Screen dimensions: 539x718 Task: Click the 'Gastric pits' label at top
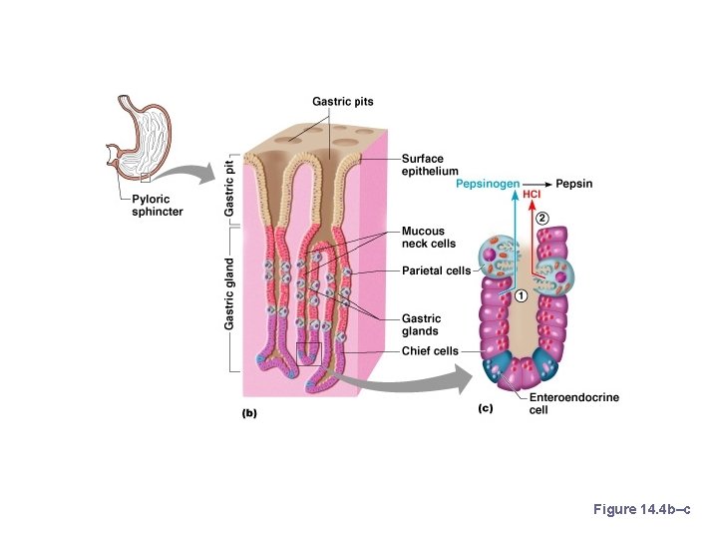[x=342, y=101]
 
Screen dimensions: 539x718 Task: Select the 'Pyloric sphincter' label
[x=158, y=207]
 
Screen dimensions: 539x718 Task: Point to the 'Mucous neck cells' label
[x=428, y=238]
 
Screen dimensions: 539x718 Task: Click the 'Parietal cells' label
[x=436, y=269]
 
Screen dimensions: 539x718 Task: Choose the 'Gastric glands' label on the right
[x=421, y=324]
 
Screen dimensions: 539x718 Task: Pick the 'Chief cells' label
[x=430, y=350]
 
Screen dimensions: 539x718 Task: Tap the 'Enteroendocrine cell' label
[x=573, y=402]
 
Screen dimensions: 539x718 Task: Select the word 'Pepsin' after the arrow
[x=574, y=184]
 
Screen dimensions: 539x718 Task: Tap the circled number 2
[x=542, y=217]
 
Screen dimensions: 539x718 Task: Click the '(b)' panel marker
[x=250, y=411]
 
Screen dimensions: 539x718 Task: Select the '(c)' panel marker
[x=486, y=407]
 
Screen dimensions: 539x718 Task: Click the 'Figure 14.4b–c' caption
[x=641, y=510]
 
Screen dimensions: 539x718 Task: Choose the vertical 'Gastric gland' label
[x=229, y=293]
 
